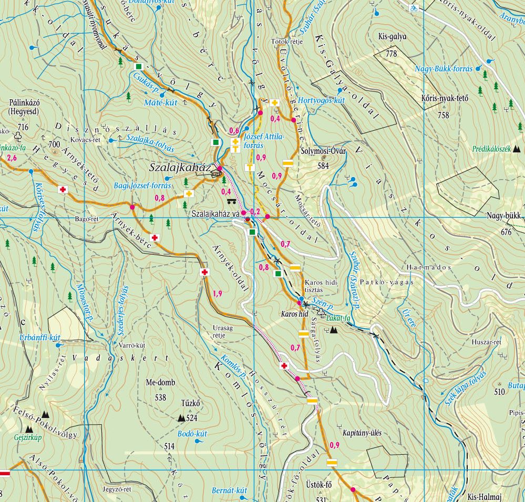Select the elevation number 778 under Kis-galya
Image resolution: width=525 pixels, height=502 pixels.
pyautogui.click(x=390, y=54)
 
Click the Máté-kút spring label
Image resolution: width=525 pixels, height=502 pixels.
pyautogui.click(x=160, y=103)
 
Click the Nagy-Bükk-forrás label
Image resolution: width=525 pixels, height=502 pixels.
pyautogui.click(x=444, y=69)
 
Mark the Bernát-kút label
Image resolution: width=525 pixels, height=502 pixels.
pyautogui.click(x=229, y=490)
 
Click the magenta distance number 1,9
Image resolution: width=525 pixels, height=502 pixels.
pyautogui.click(x=217, y=293)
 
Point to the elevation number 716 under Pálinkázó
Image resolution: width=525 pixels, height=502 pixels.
pyautogui.click(x=22, y=127)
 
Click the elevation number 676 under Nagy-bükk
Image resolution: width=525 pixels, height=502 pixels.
pyautogui.click(x=506, y=232)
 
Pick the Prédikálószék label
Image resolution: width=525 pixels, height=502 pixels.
pyautogui.click(x=491, y=149)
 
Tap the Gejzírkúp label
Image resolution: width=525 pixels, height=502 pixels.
pyautogui.click(x=27, y=437)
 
